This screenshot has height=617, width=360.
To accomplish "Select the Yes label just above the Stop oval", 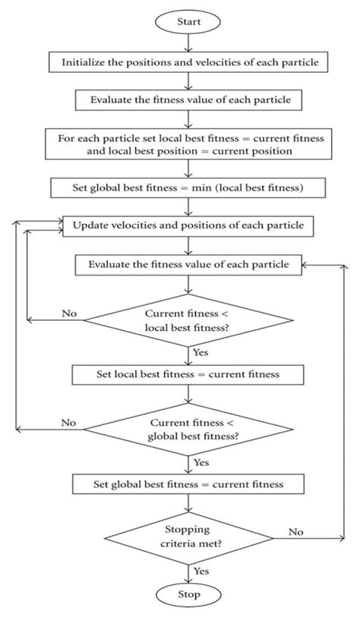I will [x=201, y=570].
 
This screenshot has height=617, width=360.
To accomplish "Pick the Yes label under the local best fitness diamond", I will [x=201, y=352].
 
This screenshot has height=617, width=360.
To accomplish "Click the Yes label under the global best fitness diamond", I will [x=201, y=461].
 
